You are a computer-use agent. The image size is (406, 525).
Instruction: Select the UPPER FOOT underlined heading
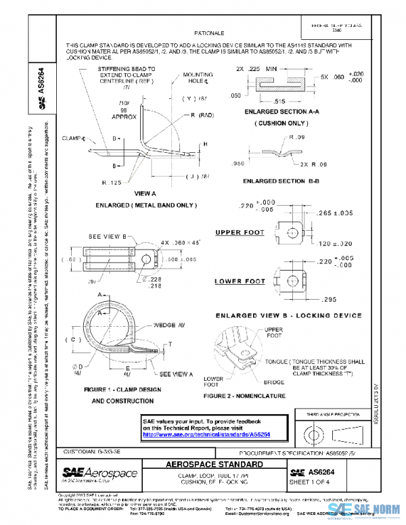[239, 232]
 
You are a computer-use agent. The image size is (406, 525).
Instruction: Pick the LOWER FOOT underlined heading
[240, 281]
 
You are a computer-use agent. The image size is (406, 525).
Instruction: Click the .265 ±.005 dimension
[332, 213]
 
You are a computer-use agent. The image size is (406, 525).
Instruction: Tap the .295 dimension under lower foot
[328, 298]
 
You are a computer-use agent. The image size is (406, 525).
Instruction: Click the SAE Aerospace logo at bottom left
[99, 474]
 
